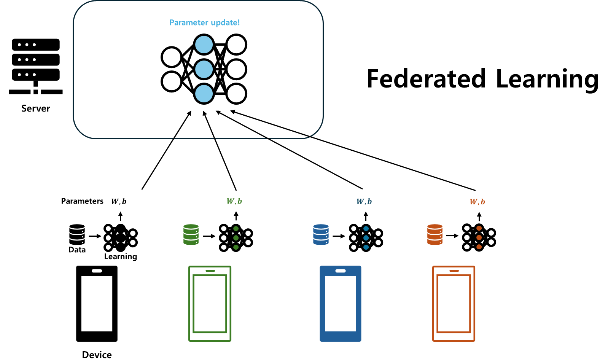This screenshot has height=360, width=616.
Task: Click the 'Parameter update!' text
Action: [204, 23]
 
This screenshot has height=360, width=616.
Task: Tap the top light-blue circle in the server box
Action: [204, 45]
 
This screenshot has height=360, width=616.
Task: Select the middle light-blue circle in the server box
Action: [204, 69]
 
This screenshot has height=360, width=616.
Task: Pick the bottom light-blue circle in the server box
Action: [204, 94]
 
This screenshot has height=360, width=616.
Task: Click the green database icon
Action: [191, 234]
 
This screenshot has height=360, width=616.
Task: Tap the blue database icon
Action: [321, 234]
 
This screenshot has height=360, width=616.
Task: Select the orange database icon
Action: [435, 234]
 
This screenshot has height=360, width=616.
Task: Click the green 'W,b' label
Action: [234, 201]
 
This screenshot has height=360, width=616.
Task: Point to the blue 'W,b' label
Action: [364, 202]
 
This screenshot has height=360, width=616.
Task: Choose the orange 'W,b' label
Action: [477, 202]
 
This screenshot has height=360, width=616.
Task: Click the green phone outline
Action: [210, 303]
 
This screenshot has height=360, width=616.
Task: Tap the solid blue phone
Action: [341, 303]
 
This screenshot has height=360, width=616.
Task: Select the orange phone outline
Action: [454, 303]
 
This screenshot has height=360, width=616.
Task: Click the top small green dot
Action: [236, 229]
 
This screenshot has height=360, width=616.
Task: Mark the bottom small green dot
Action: [236, 247]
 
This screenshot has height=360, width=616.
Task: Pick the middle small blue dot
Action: [366, 238]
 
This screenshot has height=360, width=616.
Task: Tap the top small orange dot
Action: [479, 228]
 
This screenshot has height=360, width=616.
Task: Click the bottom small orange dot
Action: [479, 247]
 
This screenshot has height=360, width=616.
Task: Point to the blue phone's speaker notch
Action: [341, 271]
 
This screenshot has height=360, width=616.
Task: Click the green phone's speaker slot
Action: [210, 271]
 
